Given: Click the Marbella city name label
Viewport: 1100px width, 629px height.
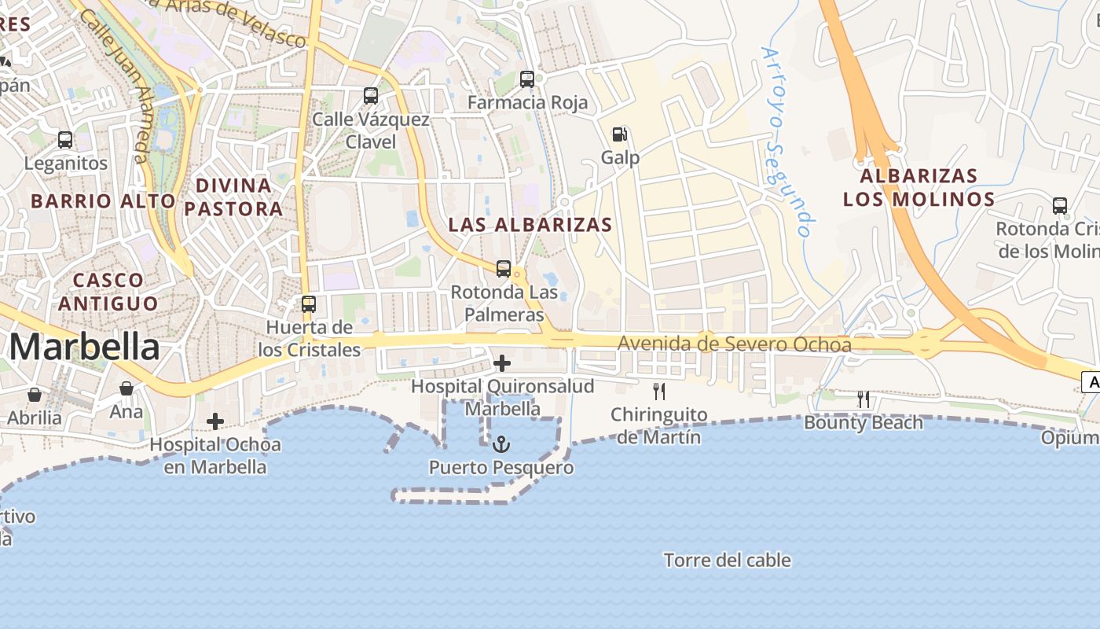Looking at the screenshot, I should point(85,347).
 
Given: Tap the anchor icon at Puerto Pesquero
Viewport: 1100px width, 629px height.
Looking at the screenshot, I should point(501,445).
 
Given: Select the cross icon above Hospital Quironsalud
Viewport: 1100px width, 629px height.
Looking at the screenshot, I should point(502,363).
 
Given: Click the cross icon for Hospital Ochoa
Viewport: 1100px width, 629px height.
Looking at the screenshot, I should point(215,422).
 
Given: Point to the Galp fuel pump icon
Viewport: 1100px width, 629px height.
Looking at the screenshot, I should point(620,134).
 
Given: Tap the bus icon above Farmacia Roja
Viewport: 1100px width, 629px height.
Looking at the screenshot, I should point(527,79).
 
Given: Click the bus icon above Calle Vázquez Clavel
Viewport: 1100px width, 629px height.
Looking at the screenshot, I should point(371,96).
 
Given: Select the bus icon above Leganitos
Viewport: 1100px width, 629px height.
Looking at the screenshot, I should point(65,140).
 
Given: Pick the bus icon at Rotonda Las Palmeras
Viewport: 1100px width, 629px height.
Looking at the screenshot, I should point(504,269).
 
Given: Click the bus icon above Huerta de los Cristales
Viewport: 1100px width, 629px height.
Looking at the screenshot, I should point(309,304).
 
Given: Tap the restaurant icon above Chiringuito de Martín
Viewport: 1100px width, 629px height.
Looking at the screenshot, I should point(659,392).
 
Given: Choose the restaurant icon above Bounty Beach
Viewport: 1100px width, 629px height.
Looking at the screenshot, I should point(863,399).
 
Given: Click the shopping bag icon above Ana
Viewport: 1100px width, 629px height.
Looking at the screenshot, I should point(126,388).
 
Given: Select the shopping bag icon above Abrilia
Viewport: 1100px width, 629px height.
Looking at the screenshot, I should point(35,394).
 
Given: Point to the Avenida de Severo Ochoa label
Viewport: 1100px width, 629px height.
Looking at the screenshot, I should point(734,344).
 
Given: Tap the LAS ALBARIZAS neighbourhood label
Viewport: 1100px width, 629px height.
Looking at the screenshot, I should point(530,225).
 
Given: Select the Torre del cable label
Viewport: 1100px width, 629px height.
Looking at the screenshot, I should point(727,561).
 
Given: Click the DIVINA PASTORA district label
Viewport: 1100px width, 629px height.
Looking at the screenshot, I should point(233,197).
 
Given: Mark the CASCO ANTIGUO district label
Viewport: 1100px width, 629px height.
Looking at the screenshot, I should point(108,291).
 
